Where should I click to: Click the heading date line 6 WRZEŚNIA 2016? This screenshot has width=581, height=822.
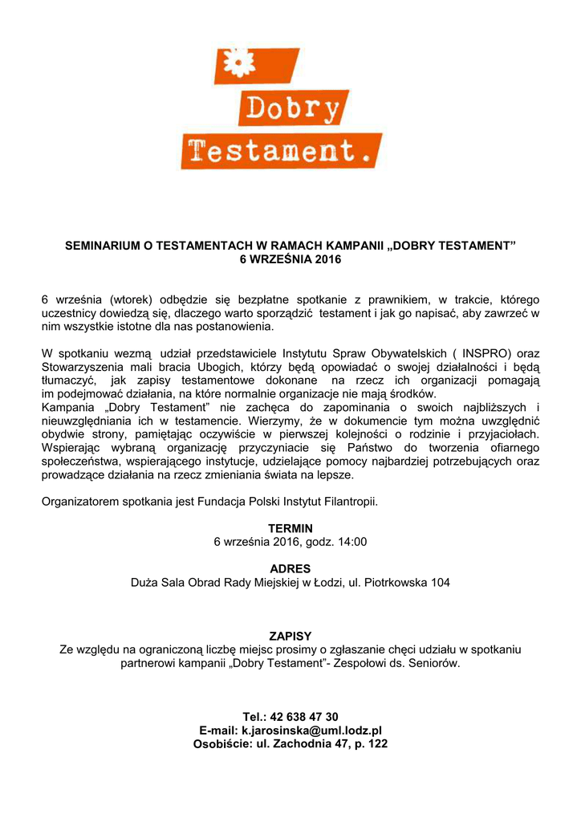pyautogui.click(x=290, y=259)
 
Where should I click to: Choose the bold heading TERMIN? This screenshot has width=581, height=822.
pyautogui.click(x=290, y=528)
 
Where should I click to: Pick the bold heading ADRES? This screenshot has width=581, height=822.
pyautogui.click(x=290, y=568)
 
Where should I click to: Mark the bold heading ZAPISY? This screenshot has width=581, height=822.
pyautogui.click(x=290, y=636)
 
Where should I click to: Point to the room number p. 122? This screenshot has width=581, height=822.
pyautogui.click(x=369, y=744)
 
